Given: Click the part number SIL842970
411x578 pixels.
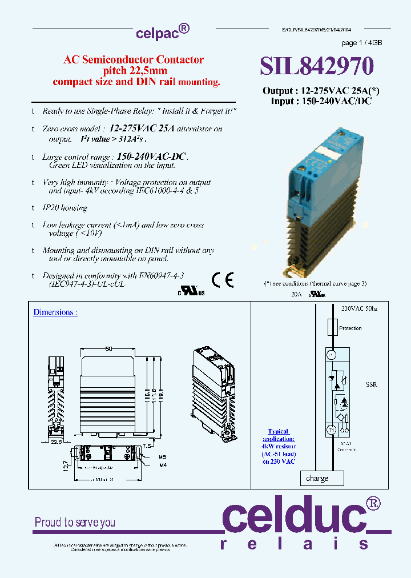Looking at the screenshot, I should [317, 67].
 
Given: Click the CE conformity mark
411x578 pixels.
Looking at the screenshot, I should [223, 279].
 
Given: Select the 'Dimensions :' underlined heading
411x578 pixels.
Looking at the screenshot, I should [55, 312].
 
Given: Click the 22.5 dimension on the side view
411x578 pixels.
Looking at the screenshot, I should [56, 441].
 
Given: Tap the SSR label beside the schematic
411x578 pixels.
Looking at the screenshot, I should [371, 384].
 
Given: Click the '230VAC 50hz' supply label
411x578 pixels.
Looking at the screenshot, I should [360, 308].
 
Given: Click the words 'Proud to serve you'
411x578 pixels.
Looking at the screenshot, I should [75, 522].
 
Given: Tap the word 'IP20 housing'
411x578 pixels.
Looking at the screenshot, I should [65, 208].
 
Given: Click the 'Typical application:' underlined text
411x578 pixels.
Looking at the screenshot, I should [279, 435].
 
